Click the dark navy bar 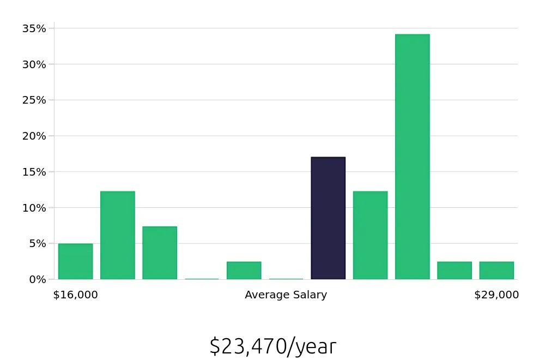pyautogui.click(x=328, y=218)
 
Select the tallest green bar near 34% pyautogui.click(x=412, y=157)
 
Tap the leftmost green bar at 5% pyautogui.click(x=75, y=261)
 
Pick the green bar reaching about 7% pyautogui.click(x=160, y=253)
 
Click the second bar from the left pyautogui.click(x=118, y=235)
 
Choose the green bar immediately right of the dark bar pyautogui.click(x=370, y=235)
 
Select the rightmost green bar pyautogui.click(x=496, y=271)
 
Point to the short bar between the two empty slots pyautogui.click(x=244, y=271)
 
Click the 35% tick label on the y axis pyautogui.click(x=34, y=28)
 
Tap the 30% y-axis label pyautogui.click(x=34, y=64)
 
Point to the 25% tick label pyautogui.click(x=34, y=100)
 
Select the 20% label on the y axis pyautogui.click(x=34, y=136)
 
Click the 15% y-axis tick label pyautogui.click(x=34, y=172)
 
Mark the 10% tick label pyautogui.click(x=34, y=208)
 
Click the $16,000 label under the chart pyautogui.click(x=75, y=295)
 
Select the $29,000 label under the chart pyautogui.click(x=496, y=295)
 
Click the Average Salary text pyautogui.click(x=286, y=295)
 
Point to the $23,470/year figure pyautogui.click(x=272, y=347)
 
